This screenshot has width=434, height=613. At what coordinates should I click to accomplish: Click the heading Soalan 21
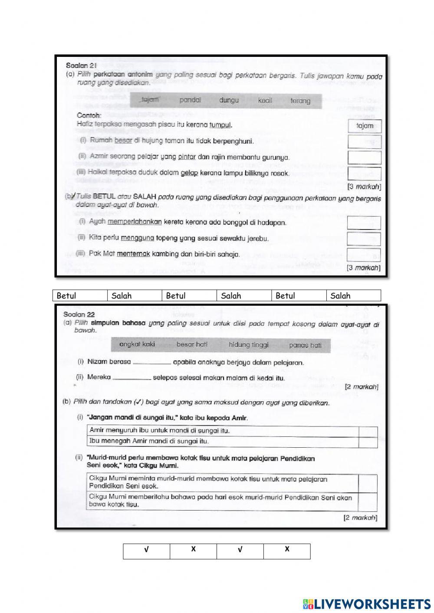coord(81,65)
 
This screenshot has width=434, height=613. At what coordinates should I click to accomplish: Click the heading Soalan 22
coord(79,314)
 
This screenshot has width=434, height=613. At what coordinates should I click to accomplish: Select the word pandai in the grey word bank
coord(190,100)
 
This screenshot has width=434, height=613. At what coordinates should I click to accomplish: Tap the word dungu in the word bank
coord(229,100)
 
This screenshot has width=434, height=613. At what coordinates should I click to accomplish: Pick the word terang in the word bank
coord(300,101)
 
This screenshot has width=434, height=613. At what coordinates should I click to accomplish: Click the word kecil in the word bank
coord(265,101)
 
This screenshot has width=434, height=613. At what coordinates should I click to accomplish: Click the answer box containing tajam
coord(365,126)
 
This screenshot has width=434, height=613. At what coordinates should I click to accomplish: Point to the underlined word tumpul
coord(220,125)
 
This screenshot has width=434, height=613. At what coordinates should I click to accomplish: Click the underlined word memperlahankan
coord(135,222)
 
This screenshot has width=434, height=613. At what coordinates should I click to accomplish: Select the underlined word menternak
coord(133,254)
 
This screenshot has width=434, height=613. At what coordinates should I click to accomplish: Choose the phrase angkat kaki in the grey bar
coord(137,344)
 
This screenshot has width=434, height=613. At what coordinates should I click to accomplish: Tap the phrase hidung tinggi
coord(249,345)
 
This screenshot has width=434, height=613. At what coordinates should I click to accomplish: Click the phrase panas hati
coord(305,345)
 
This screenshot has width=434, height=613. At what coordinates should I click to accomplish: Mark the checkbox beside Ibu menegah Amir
coord(368,442)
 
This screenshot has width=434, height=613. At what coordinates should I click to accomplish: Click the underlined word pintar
coord(187,157)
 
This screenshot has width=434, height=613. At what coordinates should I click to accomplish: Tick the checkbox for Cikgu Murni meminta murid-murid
coord(368,483)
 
